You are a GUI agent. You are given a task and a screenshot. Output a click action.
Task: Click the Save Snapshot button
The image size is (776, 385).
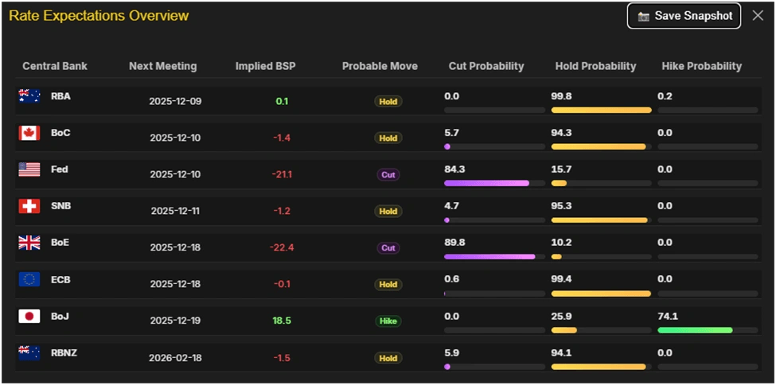click(x=684, y=16)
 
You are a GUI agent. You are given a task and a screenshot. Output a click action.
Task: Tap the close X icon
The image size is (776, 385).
click(x=758, y=16)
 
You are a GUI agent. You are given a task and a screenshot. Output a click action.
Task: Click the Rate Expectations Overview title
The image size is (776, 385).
click(x=99, y=16)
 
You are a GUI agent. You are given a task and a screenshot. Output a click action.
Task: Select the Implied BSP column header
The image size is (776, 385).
click(x=265, y=66)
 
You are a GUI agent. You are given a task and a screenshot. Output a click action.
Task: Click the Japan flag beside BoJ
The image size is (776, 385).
click(x=29, y=316)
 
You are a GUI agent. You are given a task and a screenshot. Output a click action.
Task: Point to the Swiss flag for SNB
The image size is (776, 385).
click(x=29, y=206)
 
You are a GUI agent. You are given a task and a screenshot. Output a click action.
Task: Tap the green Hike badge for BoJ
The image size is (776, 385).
click(x=388, y=321)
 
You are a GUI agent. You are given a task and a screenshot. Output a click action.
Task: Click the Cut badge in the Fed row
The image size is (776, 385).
click(x=388, y=175)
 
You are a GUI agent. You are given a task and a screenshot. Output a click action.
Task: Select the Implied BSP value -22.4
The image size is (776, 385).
click(x=283, y=248)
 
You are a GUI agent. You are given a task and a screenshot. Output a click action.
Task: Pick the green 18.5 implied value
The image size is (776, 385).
click(x=283, y=321)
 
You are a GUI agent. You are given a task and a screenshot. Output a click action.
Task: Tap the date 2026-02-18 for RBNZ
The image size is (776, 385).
click(x=175, y=358)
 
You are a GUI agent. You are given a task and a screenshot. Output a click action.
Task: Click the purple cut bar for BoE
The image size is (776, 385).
click(x=489, y=257)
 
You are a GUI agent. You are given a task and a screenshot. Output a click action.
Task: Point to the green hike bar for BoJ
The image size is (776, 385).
click(x=695, y=330)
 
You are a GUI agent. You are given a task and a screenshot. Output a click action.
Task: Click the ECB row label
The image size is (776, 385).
click(x=60, y=279)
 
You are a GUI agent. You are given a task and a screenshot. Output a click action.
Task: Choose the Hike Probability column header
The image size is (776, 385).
click(x=701, y=66)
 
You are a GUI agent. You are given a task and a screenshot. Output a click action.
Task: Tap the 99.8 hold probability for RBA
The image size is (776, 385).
click(x=562, y=96)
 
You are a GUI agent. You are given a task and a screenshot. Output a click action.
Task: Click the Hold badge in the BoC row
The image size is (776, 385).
click(x=388, y=138)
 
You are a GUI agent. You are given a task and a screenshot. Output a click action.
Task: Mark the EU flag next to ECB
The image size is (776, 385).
click(x=29, y=279)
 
